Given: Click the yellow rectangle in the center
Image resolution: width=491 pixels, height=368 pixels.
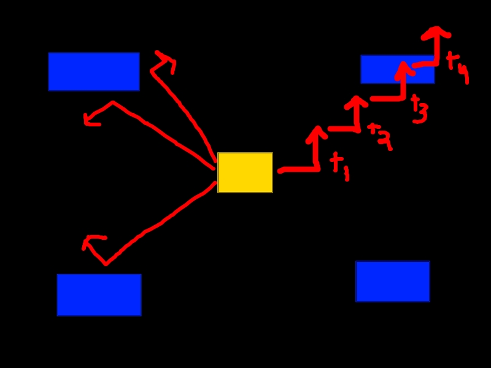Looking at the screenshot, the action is click(x=245, y=172).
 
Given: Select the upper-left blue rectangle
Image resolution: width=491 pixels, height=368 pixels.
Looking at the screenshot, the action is click(x=94, y=72).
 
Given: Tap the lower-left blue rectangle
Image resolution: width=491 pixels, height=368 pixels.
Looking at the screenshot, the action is click(x=99, y=295).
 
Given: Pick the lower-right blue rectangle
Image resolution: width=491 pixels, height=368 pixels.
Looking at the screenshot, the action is click(x=393, y=282).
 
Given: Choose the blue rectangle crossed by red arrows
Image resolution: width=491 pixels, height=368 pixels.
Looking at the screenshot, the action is click(x=398, y=69).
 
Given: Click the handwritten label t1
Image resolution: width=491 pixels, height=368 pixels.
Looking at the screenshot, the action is click(x=340, y=166).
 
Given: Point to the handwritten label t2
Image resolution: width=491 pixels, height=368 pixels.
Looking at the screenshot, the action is click(x=380, y=137).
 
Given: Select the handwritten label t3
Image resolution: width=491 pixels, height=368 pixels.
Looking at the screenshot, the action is click(x=419, y=109).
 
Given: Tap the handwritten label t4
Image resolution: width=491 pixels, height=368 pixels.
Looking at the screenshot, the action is click(x=458, y=67).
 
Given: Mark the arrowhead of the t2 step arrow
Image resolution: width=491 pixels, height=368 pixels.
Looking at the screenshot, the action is click(x=356, y=102).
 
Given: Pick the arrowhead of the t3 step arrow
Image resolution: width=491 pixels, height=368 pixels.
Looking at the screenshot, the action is click(x=404, y=69).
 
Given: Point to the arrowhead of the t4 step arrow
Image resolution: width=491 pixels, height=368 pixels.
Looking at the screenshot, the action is click(x=436, y=33).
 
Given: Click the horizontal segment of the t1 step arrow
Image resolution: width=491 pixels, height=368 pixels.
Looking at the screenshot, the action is click(x=299, y=170).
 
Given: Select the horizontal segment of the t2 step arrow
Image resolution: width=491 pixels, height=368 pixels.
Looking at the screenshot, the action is click(x=344, y=129).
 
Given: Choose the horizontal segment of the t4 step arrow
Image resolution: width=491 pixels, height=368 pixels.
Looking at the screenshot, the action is click(x=425, y=64).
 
